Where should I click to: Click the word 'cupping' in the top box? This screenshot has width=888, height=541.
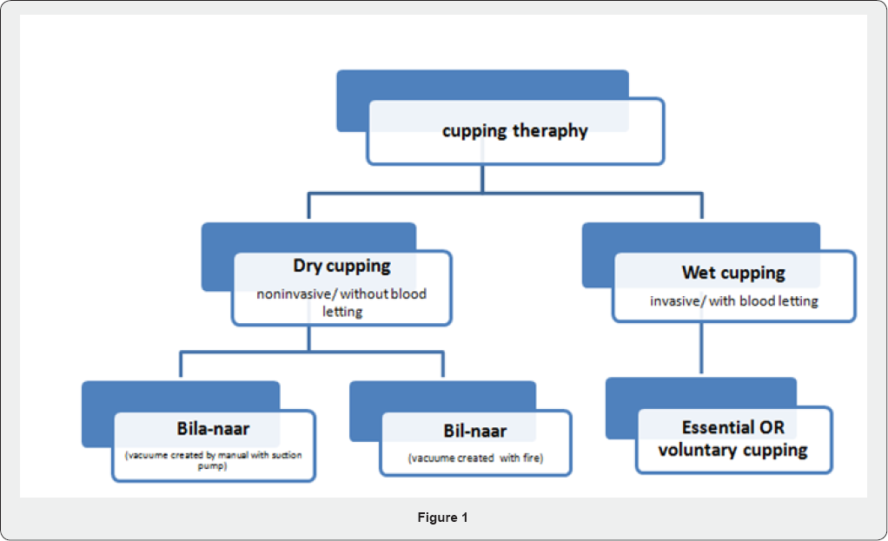pyautogui.click(x=474, y=131)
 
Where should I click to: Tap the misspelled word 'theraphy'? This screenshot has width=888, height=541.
pyautogui.click(x=551, y=131)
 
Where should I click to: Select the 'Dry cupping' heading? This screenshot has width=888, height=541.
pyautogui.click(x=341, y=266)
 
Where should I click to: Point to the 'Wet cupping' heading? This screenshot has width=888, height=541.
pyautogui.click(x=733, y=273)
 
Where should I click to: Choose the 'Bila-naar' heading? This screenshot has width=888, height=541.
pyautogui.click(x=213, y=428)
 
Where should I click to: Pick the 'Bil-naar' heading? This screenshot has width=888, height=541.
pyautogui.click(x=475, y=431)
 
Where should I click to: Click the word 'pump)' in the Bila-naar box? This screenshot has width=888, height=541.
pyautogui.click(x=212, y=466)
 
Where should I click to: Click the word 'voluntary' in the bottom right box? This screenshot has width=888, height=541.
pyautogui.click(x=698, y=450)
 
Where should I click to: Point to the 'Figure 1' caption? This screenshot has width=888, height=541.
pyautogui.click(x=443, y=518)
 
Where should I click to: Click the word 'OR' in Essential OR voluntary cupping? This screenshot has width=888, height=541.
pyautogui.click(x=772, y=427)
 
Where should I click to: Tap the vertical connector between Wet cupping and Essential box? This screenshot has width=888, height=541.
pyautogui.click(x=702, y=348)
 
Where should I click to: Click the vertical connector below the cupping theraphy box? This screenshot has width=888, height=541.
pyautogui.click(x=482, y=179)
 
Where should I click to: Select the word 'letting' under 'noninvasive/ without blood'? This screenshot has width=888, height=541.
pyautogui.click(x=342, y=312)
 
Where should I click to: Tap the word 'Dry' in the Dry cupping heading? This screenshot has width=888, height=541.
pyautogui.click(x=308, y=266)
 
